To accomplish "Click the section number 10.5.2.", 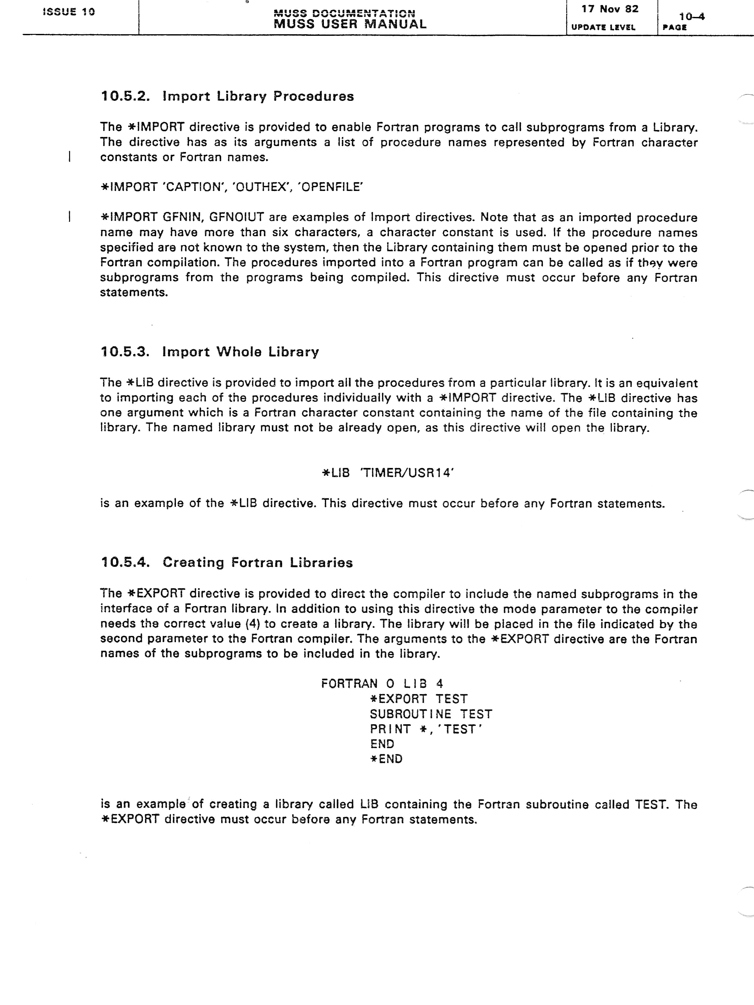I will [125, 96].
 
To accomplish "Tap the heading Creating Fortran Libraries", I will [257, 562].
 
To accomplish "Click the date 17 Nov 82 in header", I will [609, 9].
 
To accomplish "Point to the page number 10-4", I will [691, 17].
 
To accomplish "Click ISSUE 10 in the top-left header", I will [68, 12].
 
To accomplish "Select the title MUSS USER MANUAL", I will [350, 24].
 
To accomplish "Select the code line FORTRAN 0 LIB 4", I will [382, 684].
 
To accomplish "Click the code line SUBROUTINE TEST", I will [431, 714].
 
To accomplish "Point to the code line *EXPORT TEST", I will [418, 699].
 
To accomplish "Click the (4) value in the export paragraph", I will [252, 624].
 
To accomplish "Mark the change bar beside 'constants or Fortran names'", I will [69, 157].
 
